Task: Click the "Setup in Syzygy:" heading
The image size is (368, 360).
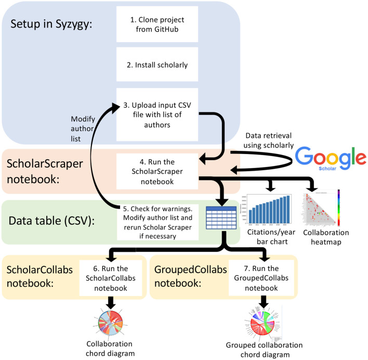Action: click(x=51, y=24)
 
